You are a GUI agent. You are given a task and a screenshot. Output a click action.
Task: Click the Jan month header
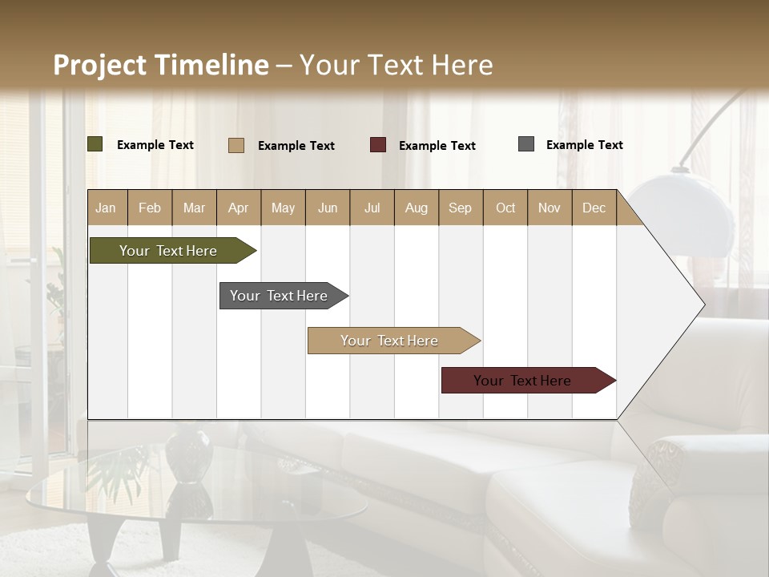click(x=107, y=208)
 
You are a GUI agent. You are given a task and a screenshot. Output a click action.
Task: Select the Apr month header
click(x=239, y=208)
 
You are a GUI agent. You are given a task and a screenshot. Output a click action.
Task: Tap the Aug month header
click(x=417, y=208)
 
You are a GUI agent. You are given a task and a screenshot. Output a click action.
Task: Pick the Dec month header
click(x=594, y=208)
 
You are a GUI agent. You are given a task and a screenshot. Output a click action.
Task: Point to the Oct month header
click(x=505, y=208)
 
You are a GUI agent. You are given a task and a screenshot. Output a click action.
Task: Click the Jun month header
click(x=328, y=208)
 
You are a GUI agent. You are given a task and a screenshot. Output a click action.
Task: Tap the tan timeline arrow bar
click(x=390, y=341)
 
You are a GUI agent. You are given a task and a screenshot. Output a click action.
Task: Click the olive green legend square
click(x=95, y=144)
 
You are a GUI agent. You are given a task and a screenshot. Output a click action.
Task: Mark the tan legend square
click(x=236, y=145)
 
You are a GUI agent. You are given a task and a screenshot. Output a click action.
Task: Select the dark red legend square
click(x=378, y=144)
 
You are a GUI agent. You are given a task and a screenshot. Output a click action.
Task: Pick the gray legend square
click(x=526, y=144)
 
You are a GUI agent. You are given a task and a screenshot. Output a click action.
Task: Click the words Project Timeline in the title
click(x=160, y=65)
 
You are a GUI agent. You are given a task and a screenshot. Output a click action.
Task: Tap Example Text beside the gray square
click(x=584, y=145)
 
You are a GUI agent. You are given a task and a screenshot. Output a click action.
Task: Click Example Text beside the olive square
click(x=155, y=145)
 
